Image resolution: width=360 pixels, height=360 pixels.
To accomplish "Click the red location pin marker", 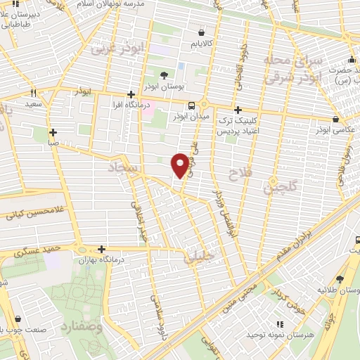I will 180,165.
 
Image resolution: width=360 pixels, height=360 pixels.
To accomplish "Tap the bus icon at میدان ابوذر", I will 173,105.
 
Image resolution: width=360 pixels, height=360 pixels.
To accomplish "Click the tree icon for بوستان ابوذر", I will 165,75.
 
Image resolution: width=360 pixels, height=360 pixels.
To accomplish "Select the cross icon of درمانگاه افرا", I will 131,94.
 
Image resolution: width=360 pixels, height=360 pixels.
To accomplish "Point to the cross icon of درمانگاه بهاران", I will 103,249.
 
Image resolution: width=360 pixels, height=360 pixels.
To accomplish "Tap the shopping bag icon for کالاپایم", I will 202,32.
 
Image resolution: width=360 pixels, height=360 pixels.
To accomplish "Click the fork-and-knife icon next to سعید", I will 32,93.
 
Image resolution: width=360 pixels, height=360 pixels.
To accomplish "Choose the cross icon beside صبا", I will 53,131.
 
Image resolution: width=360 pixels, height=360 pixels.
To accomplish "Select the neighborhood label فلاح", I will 237,174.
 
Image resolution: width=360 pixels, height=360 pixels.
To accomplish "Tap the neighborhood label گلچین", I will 280,186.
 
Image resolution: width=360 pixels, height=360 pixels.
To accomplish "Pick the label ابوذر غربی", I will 125,49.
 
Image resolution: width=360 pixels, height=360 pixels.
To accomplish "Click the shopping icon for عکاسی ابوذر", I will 335,120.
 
